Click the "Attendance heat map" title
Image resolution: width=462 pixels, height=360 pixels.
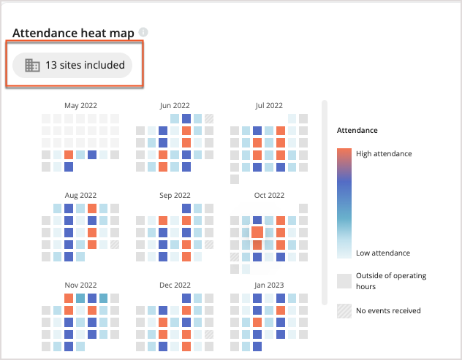point(73,34)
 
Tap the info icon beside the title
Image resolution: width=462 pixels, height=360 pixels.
point(143,33)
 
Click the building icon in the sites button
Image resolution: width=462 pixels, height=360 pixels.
point(32,66)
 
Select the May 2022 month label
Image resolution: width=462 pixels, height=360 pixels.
point(80,106)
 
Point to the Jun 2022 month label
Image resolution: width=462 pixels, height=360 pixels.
point(175,106)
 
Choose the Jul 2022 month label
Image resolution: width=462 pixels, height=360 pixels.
point(269,106)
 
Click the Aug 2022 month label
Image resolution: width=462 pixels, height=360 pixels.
point(80,196)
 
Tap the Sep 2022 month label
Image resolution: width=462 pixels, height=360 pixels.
point(175,196)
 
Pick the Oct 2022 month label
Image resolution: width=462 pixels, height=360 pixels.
point(269,196)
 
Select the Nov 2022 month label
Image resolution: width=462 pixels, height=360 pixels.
point(80,286)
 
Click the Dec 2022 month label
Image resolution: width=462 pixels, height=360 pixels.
point(175,286)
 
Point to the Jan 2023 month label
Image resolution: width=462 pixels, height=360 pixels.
point(269,286)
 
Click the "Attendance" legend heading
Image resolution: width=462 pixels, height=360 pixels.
point(357,130)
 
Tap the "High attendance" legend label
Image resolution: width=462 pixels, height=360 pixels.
point(384,153)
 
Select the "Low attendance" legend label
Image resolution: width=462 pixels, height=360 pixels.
point(383,253)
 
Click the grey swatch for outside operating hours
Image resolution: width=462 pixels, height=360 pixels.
point(344,280)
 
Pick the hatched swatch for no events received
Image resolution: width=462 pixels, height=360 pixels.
point(344,310)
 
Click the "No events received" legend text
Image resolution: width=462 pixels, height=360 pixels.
point(388,310)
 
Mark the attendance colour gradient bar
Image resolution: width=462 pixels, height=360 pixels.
point(344,203)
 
